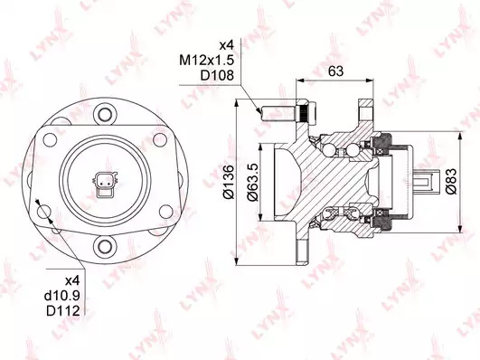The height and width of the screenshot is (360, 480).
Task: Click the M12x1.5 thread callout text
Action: [207, 61]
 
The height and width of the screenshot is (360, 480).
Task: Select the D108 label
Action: [217, 75]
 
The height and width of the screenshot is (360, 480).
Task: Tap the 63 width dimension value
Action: [335, 71]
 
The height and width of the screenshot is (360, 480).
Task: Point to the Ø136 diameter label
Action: [229, 183]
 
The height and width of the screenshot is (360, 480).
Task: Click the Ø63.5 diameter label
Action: [253, 183]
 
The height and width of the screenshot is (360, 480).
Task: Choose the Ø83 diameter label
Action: [451, 182]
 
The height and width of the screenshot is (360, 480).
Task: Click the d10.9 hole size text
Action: [62, 296]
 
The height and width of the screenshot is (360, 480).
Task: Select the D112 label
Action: [63, 310]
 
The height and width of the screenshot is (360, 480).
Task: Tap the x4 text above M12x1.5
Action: [227, 45]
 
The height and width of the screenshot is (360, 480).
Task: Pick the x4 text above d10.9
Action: [72, 280]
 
